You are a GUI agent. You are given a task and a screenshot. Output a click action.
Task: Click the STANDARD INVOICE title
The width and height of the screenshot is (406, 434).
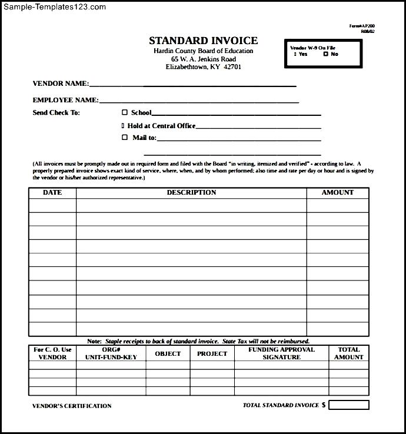coord(203,41)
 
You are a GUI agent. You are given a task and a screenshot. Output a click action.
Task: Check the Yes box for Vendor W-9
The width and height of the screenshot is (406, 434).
coord(295,54)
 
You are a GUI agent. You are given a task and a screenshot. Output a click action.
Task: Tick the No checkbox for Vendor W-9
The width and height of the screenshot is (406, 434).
coord(325,54)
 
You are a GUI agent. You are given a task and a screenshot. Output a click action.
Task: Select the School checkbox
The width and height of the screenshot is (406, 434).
coord(124,112)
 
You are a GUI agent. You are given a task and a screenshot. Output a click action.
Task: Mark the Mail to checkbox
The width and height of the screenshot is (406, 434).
coord(124,138)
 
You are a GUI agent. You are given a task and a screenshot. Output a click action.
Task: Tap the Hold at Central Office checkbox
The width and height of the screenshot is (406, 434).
coord(123,125)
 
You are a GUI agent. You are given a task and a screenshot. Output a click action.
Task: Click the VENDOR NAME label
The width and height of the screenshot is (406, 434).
coord(61,84)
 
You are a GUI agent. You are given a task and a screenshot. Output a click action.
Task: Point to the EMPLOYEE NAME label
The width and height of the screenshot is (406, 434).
coord(65,100)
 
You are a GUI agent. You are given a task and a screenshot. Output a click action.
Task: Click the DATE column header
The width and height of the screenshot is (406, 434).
coord(52,192)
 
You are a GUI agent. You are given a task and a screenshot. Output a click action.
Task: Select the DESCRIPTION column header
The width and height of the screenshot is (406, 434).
coord(191,192)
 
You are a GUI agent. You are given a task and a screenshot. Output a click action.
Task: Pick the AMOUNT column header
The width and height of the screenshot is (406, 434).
coord(337,192)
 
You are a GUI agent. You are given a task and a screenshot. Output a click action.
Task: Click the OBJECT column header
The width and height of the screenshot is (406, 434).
coord(168,353)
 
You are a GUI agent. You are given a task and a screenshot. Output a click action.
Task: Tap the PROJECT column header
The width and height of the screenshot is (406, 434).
coord(212,353)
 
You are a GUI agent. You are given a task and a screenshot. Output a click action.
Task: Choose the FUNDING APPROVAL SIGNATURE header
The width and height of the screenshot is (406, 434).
coord(281,353)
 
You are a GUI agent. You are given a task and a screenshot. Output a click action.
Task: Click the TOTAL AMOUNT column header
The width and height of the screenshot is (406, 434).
coord(349,353)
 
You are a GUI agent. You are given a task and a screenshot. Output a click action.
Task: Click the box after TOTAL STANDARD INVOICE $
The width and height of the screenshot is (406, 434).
coord(349,405)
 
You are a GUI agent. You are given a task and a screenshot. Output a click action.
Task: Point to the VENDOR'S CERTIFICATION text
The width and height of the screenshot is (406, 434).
coord(72,406)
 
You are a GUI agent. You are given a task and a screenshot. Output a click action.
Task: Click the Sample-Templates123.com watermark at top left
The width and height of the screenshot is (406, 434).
coord(55,7)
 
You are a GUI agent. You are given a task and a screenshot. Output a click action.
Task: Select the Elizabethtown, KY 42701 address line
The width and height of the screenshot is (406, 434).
coord(203,67)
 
